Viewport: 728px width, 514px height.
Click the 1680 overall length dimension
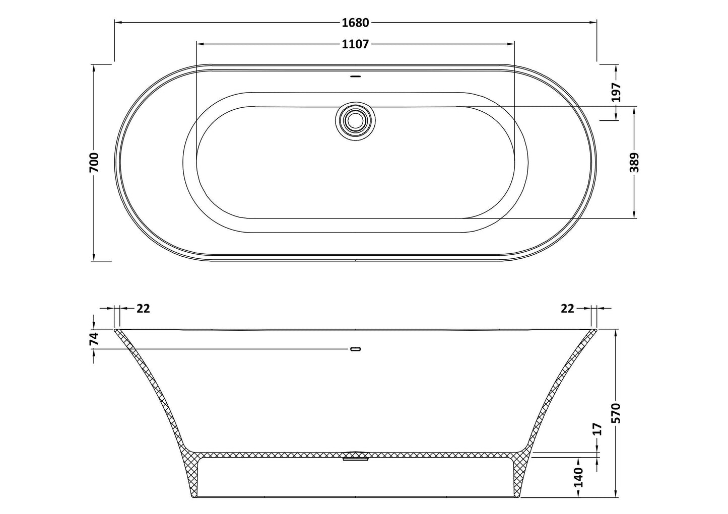point(356,23)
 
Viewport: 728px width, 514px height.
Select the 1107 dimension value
point(356,44)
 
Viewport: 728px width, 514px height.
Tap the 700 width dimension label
point(94,162)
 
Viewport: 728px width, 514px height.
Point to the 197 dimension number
point(616,92)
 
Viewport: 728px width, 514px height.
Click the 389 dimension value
point(634,162)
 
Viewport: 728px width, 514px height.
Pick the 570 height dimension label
point(616,413)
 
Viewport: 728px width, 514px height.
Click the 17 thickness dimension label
point(598,429)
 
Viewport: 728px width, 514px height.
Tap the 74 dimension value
point(94,339)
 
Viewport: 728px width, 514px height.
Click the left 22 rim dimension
point(143,309)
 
